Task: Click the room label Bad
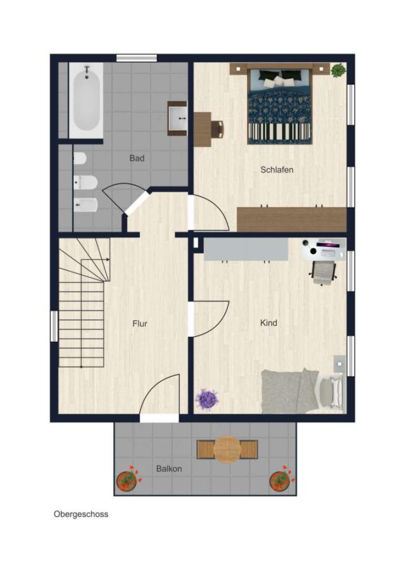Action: [137, 159]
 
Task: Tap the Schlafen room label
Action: [277, 169]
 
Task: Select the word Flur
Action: [139, 323]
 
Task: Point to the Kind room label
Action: [268, 323]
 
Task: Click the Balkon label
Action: [169, 469]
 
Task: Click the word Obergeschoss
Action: [81, 514]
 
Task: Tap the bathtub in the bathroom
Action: [86, 100]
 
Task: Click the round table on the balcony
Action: [227, 449]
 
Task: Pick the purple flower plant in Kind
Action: [207, 399]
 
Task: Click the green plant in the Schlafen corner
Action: [339, 70]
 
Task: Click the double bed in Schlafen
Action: [280, 106]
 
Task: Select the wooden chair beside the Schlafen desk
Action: [217, 129]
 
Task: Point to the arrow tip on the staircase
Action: [109, 260]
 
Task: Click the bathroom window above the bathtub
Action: [136, 58]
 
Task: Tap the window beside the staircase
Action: [54, 326]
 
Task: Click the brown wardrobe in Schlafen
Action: [292, 219]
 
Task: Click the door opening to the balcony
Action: [159, 418]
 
